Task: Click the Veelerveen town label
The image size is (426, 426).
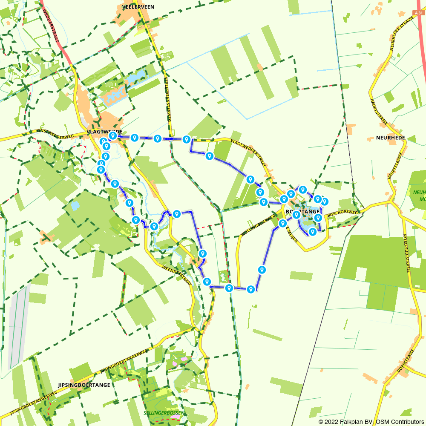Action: click(x=138, y=7)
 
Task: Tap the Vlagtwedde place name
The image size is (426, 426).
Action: click(x=104, y=132)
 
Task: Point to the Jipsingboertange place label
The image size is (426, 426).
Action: click(x=83, y=385)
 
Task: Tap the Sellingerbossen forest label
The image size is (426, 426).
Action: click(x=164, y=413)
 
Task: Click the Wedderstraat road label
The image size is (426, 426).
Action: click(x=51, y=25)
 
